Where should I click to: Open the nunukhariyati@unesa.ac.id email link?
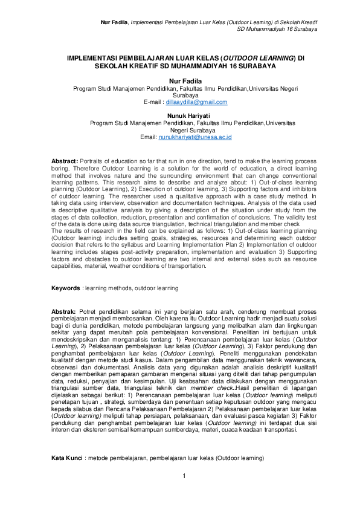click(196, 137)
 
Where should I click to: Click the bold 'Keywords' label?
click(66, 288)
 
